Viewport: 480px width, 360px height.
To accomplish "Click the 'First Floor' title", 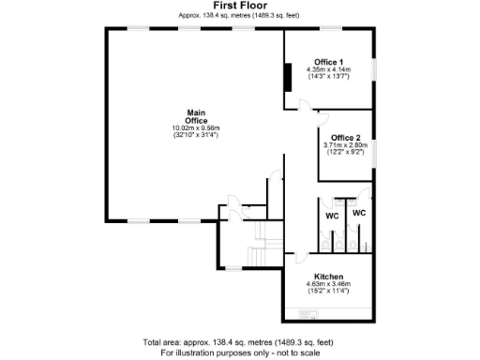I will (x=240, y=6).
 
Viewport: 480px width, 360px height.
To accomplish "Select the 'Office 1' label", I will (x=328, y=62).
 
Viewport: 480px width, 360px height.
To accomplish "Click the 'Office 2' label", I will (x=347, y=138).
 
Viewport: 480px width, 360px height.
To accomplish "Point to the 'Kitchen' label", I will (x=328, y=277).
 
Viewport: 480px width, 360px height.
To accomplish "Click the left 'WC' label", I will (x=332, y=217).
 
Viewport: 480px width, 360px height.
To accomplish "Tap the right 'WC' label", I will (x=358, y=213).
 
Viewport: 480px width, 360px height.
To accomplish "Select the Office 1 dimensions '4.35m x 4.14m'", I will (x=328, y=69).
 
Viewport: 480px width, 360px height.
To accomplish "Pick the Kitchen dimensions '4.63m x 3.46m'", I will (x=328, y=284).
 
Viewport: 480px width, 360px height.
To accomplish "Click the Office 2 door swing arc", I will (x=322, y=119).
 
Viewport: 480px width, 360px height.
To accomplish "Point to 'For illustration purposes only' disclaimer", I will (x=240, y=352).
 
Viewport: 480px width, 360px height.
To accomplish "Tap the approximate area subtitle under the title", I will (x=240, y=15).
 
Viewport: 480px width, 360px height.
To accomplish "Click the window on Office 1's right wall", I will (x=375, y=72).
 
